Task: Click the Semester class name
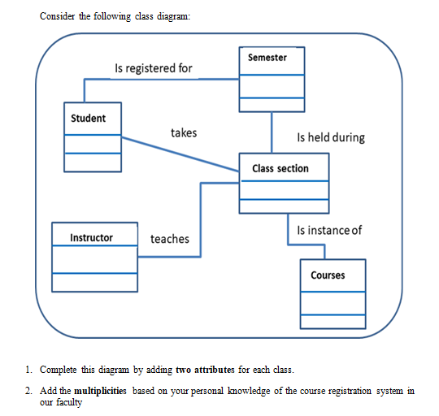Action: point(267,58)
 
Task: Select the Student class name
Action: point(88,119)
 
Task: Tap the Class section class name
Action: point(280,168)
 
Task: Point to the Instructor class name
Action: point(92,238)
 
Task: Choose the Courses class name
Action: point(328,275)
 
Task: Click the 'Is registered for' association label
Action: point(154,68)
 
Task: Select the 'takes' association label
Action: point(184,132)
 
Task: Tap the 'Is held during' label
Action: point(331,137)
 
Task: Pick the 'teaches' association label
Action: point(170,239)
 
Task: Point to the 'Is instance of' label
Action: point(329,231)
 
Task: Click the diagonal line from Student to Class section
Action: point(179,154)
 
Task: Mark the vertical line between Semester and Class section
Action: point(272,132)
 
